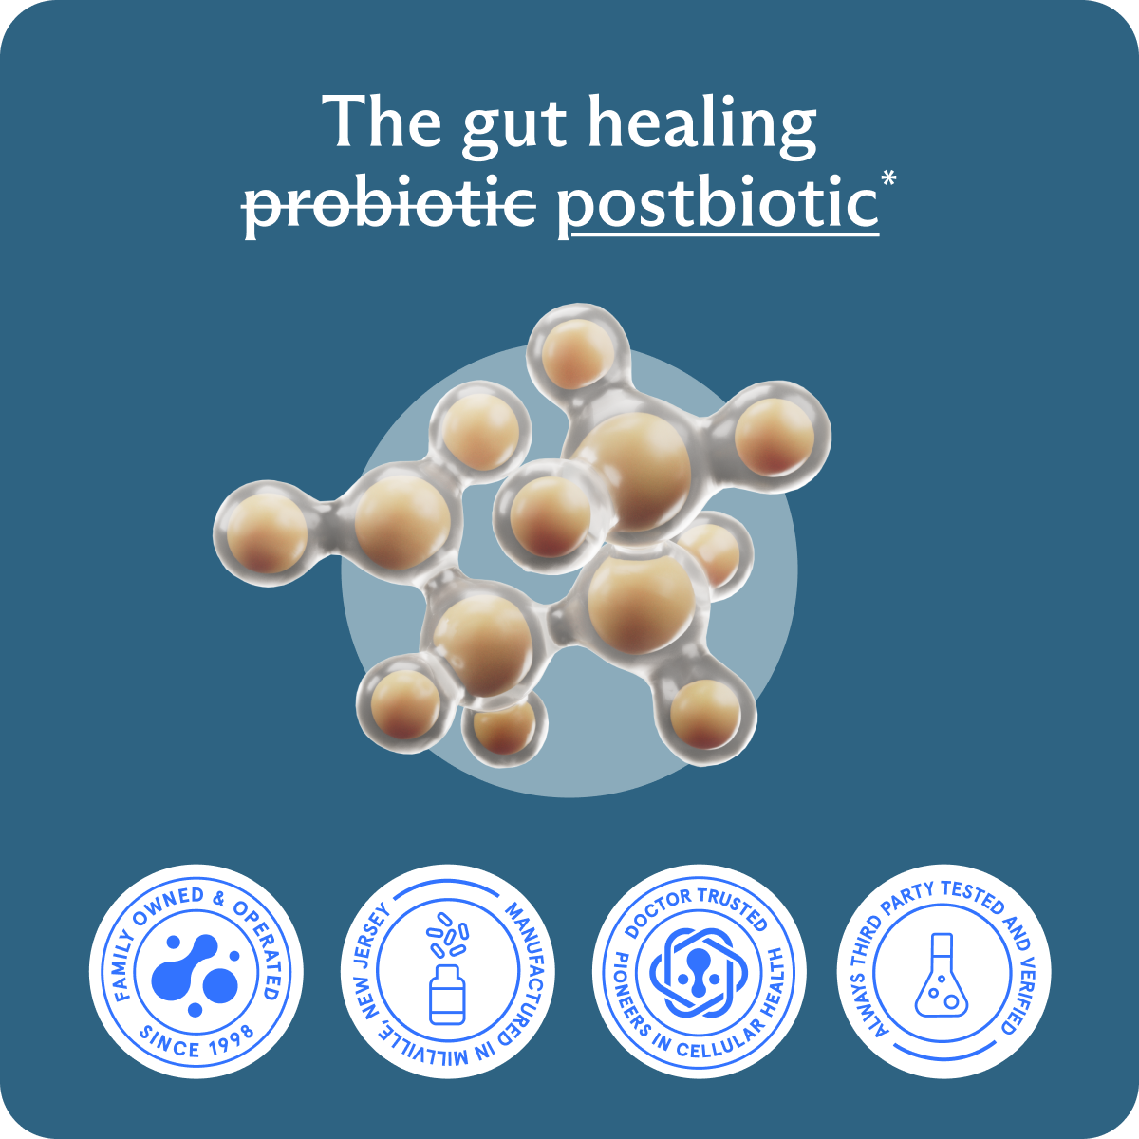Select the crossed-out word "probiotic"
click(x=389, y=202)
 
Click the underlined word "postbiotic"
click(x=717, y=202)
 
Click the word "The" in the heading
click(x=383, y=121)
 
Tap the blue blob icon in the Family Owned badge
click(x=196, y=973)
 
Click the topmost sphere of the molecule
click(x=575, y=351)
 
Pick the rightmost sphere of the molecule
click(x=775, y=437)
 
